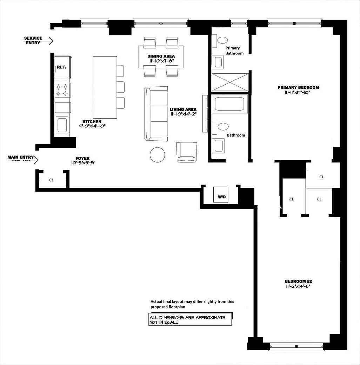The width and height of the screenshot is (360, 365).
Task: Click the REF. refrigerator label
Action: click(61, 67)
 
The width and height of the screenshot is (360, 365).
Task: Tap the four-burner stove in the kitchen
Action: click(62, 90)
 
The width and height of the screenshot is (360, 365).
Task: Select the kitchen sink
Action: click(62, 125)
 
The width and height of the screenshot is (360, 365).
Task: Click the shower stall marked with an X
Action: click(229, 82)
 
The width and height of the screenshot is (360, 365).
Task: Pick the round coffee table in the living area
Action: click(157, 155)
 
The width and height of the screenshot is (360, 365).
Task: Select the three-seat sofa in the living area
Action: click(156, 114)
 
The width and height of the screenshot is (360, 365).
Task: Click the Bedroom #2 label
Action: click(298, 281)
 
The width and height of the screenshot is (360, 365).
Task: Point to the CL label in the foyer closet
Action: click(51, 180)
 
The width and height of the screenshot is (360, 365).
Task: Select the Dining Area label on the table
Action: click(161, 56)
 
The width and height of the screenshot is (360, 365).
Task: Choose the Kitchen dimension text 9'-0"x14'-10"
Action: click(92, 126)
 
